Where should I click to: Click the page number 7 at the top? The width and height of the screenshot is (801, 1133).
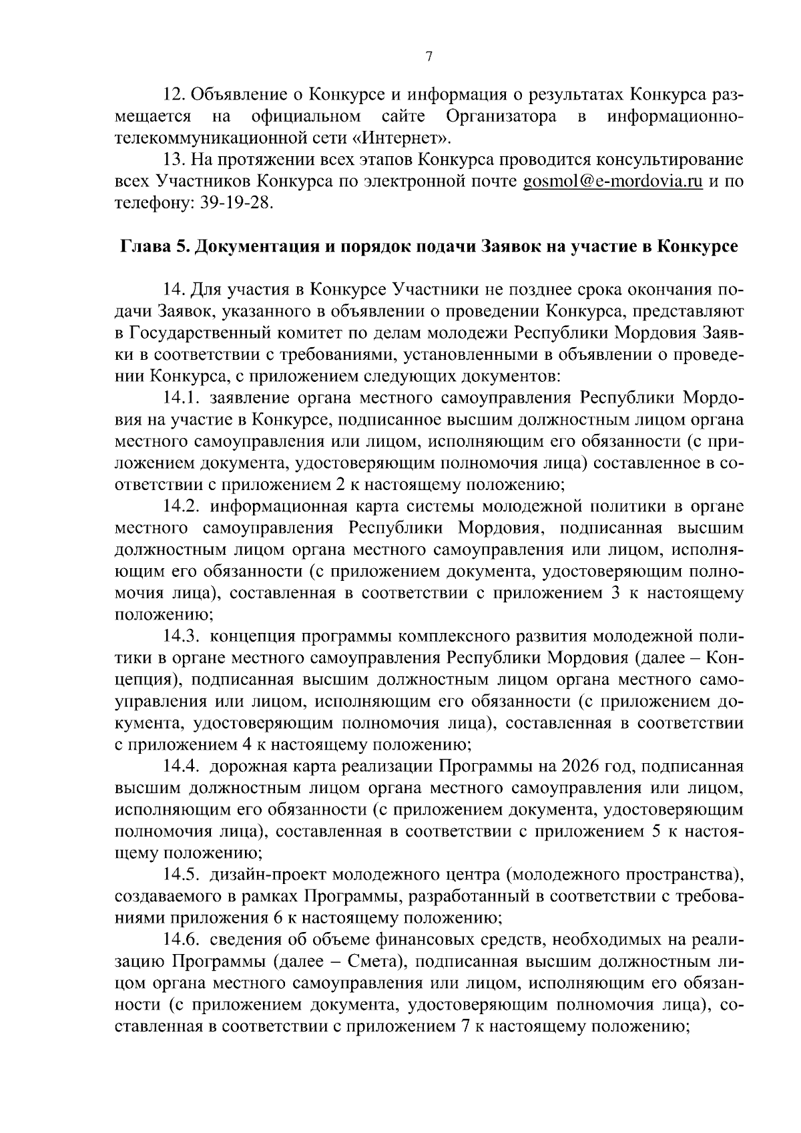[429, 57]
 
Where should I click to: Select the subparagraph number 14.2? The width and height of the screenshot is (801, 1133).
[183, 505]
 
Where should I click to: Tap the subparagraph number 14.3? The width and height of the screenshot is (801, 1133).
[183, 634]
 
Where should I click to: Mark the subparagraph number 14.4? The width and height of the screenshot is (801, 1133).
[183, 765]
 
